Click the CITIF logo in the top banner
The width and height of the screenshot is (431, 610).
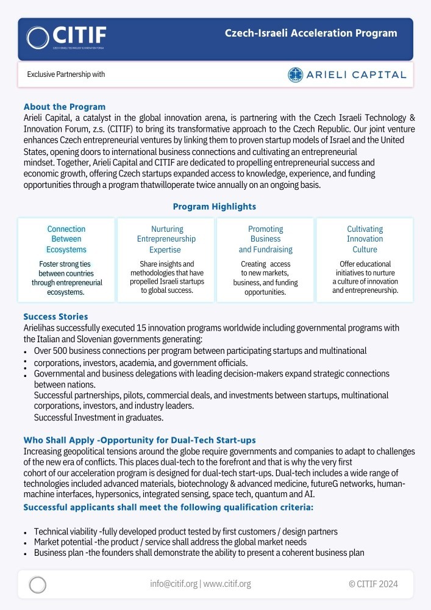[66, 36]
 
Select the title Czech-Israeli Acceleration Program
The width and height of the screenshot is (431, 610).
[311, 33]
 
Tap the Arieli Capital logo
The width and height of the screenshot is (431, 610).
[346, 74]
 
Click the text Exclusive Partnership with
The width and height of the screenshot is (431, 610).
[66, 74]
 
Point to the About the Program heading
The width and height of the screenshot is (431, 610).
[64, 106]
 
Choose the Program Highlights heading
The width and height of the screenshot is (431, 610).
[214, 207]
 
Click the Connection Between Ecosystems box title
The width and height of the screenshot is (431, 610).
[66, 239]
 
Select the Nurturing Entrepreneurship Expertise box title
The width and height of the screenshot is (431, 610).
[166, 239]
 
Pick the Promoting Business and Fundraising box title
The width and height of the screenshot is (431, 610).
[265, 239]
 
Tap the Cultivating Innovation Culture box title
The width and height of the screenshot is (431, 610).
[365, 239]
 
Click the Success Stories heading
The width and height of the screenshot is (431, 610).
[55, 317]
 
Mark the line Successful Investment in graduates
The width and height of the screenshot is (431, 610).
[99, 418]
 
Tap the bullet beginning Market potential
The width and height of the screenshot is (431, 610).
[170, 542]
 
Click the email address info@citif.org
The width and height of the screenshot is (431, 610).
[174, 584]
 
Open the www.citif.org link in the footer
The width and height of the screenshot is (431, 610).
[227, 584]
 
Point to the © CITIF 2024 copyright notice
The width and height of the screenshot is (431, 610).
[373, 584]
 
